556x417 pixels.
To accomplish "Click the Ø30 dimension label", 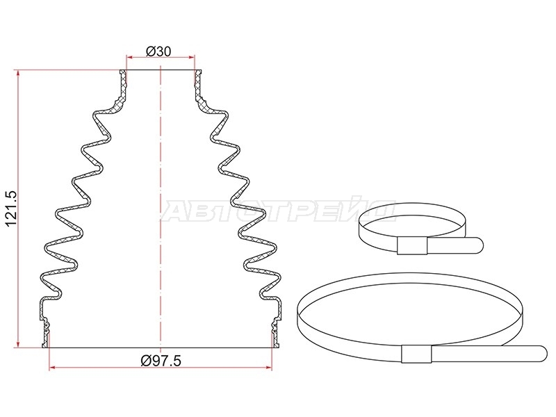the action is click(158, 51).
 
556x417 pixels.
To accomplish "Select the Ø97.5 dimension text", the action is click(161, 361).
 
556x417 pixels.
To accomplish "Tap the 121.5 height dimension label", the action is click(11, 208).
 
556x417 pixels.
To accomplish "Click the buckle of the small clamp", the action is click(411, 245).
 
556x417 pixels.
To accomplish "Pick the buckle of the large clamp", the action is click(416, 354).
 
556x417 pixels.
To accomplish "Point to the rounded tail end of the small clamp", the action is click(479, 245).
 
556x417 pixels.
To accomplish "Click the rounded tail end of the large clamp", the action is click(543, 354).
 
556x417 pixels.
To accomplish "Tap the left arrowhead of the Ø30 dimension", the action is click(129, 57).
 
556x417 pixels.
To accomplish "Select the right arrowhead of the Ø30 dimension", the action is click(192, 57).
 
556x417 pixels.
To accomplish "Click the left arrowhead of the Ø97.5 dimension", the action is click(52, 368).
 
